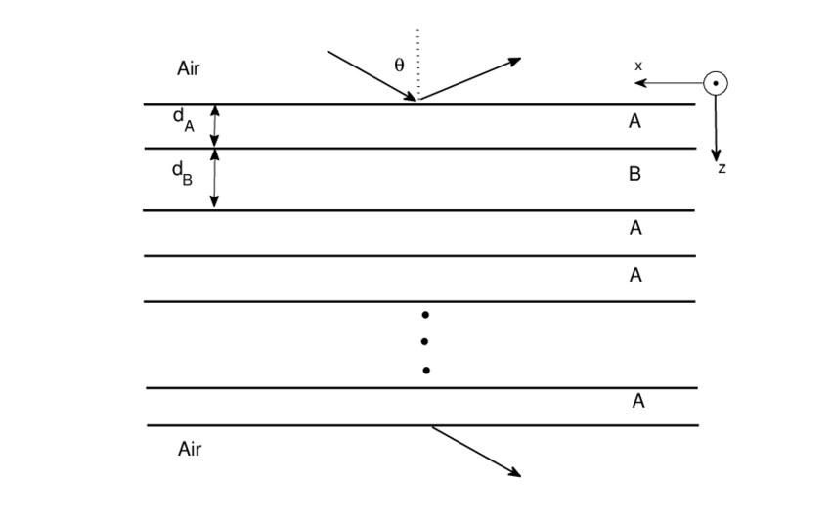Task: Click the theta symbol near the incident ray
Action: [x=398, y=66]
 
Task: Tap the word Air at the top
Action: [x=189, y=68]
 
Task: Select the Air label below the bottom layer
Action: [x=190, y=449]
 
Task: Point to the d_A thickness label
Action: [x=181, y=117]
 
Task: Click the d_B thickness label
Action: [x=182, y=171]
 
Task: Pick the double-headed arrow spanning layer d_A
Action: [x=215, y=126]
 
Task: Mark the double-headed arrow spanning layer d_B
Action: [x=215, y=179]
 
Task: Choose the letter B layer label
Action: [x=634, y=176]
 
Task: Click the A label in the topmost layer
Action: [x=634, y=122]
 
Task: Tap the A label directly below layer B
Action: [x=635, y=228]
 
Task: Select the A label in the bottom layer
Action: [x=637, y=401]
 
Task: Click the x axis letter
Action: [x=638, y=66]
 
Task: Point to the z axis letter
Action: [x=722, y=169]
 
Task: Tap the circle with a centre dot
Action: [x=717, y=84]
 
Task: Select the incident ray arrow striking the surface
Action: [x=372, y=75]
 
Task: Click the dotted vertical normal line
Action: [x=417, y=64]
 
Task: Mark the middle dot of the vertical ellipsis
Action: [x=425, y=342]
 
